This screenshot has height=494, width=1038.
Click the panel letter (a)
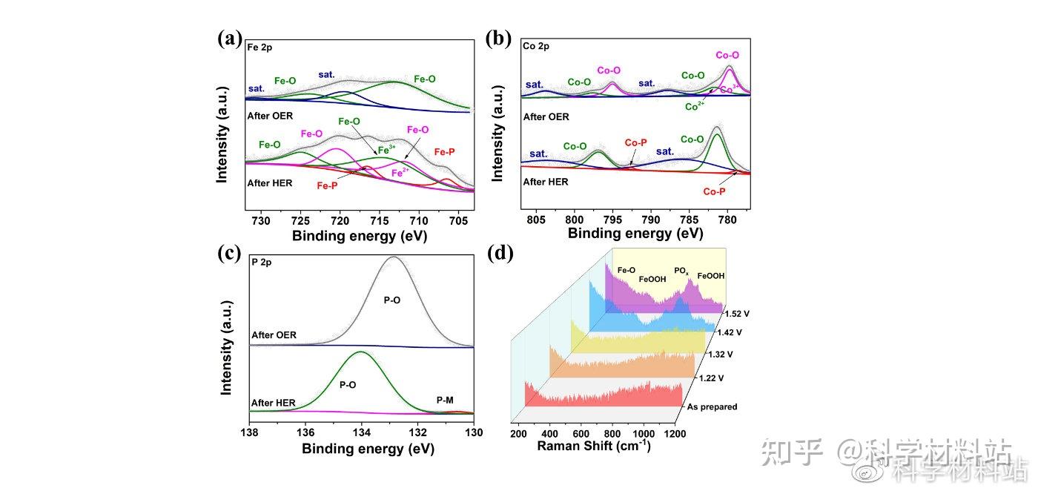(x=230, y=39)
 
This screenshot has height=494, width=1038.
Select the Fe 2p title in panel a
(x=260, y=47)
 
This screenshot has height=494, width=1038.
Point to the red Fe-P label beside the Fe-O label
(x=446, y=152)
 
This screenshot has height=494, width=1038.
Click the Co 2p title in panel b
(x=536, y=47)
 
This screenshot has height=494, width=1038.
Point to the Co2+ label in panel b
(x=695, y=106)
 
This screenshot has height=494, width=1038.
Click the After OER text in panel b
(x=546, y=116)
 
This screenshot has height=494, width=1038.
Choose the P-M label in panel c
(x=445, y=401)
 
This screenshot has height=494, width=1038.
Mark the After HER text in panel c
(x=274, y=403)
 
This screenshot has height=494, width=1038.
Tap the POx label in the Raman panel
(x=681, y=272)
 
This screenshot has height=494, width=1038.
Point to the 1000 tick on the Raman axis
(x=643, y=433)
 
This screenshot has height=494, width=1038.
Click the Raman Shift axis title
(x=593, y=447)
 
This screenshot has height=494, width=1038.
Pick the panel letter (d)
(x=500, y=253)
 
